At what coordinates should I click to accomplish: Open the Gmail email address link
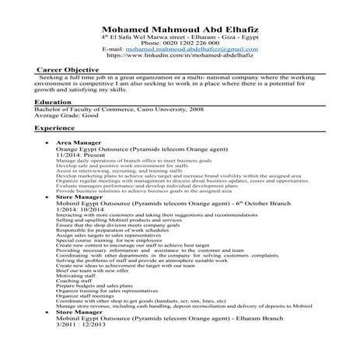[x=191, y=49]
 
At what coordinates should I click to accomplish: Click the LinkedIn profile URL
[x=180, y=56]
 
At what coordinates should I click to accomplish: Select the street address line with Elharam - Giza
[x=180, y=37]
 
